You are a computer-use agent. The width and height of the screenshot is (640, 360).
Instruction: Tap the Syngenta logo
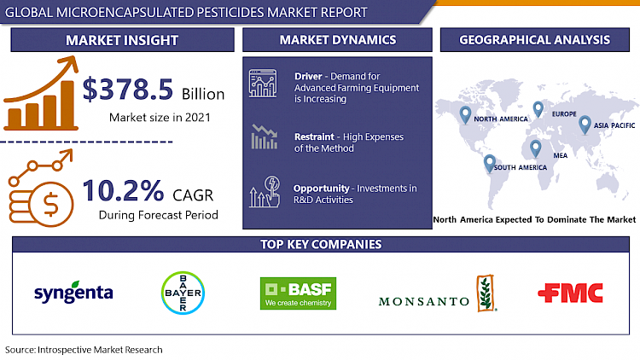point(73,293)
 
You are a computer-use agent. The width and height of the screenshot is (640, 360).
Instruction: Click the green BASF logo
point(298,293)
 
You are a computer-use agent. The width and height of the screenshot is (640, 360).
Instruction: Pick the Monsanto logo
point(436,293)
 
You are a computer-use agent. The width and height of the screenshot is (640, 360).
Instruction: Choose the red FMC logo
point(570,293)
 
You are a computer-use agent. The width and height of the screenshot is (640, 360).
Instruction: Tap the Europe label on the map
point(564,113)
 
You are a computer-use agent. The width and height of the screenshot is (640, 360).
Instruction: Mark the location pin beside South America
point(490,162)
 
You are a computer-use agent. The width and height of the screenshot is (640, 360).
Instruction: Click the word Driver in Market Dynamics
point(308,76)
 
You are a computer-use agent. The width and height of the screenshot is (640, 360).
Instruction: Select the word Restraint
point(312,136)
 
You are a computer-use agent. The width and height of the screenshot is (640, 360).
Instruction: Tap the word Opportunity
point(321,188)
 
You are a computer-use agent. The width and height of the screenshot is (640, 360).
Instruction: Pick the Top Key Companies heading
point(320,245)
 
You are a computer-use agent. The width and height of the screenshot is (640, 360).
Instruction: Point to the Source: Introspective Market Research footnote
point(83,350)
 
